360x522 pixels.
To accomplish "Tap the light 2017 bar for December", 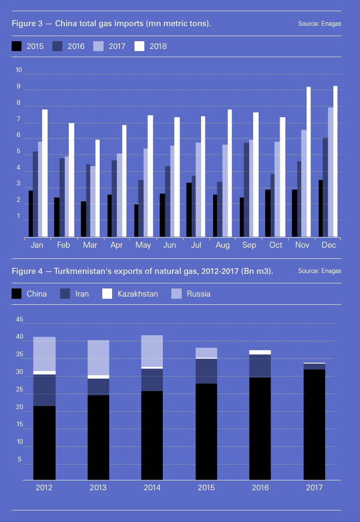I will pos(330,172).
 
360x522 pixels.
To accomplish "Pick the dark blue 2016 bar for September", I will pos(246,189).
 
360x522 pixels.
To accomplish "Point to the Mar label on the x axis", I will pos(90,245).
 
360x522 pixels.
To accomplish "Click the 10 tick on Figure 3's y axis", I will pos(18,70).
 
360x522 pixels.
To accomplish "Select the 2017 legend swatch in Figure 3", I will pos(98,46).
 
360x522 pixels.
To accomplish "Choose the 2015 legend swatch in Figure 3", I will pos(16,46).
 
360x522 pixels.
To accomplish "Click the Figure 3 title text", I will pos(111,23).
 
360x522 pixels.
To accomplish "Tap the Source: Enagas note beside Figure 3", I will pos(320,24).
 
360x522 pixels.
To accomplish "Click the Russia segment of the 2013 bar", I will pos(98,358).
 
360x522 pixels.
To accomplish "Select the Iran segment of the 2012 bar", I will pos(44,390).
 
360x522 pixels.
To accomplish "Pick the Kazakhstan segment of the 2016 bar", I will pos(260,352).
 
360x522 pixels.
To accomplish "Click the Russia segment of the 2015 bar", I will pos(206,352).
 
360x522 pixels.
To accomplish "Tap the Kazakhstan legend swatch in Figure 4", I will pos(107,294).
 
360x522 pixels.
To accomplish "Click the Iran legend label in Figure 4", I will pos(82,294).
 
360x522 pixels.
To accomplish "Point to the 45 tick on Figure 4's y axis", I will pos(20,319).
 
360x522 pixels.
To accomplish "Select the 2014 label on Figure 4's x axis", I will pos(152,488).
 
